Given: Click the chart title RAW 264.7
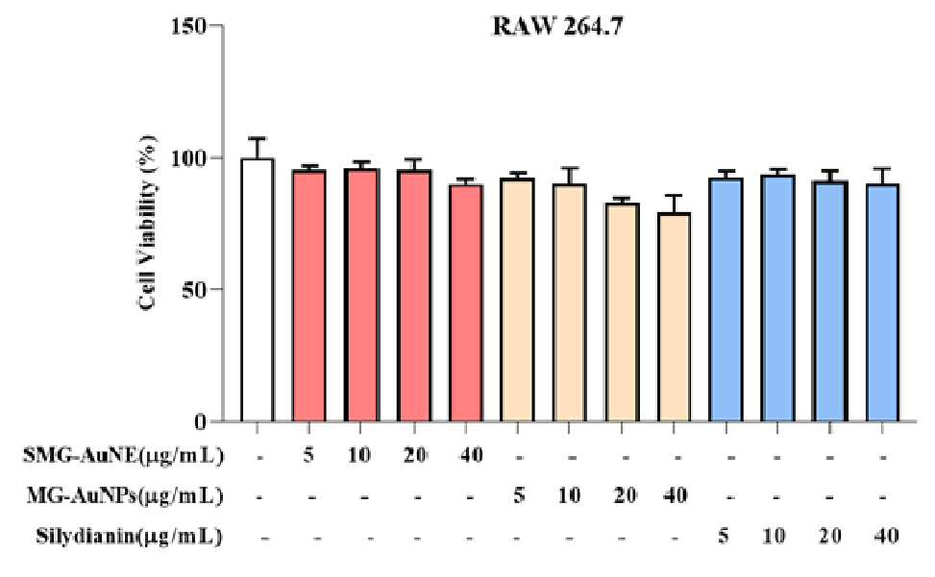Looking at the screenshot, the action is (x=557, y=27).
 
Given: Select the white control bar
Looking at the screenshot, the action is (x=257, y=290).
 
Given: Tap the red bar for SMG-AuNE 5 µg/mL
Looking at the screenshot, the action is (x=308, y=296).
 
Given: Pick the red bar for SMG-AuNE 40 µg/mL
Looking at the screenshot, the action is (x=466, y=303).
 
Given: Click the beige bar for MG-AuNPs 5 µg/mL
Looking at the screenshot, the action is (x=518, y=301).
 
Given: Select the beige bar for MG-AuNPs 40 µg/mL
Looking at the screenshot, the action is (x=674, y=318).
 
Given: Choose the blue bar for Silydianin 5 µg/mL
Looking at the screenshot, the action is (x=726, y=301).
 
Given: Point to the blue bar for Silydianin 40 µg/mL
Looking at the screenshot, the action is (x=882, y=303).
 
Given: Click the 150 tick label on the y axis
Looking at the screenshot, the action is (x=188, y=26).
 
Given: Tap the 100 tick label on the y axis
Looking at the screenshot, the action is (x=188, y=158).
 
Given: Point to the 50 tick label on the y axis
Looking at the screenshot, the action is (x=194, y=290).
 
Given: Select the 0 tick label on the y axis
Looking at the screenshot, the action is (x=200, y=422).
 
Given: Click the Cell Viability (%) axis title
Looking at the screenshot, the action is (x=149, y=222).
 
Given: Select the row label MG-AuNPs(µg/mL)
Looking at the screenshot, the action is (x=125, y=496).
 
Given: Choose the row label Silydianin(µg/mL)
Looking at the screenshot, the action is (x=129, y=537).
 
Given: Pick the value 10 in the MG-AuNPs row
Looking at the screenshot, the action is (x=569, y=495).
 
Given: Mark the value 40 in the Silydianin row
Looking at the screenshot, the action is (x=885, y=536).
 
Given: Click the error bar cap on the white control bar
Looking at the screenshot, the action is (x=257, y=139).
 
